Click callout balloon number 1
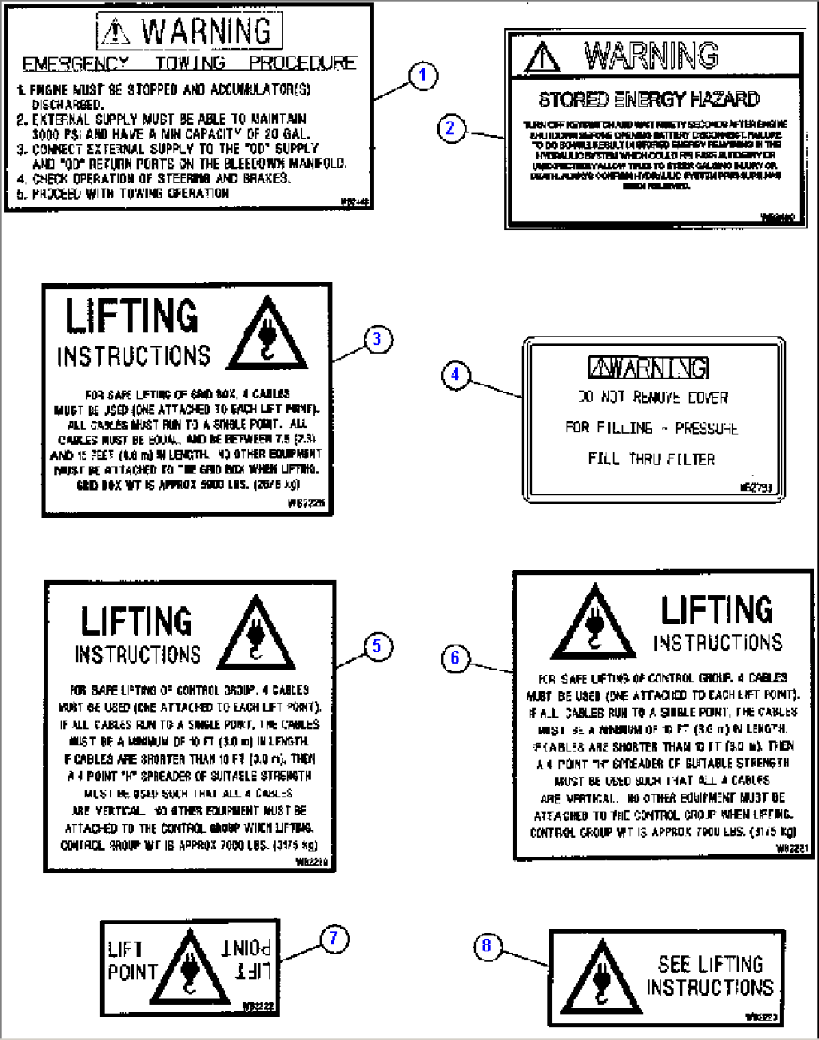point(422,75)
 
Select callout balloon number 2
point(450,128)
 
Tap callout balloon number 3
point(377,339)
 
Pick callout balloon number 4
point(455,374)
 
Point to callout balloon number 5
point(377,646)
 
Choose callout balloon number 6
point(455,658)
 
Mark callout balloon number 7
point(334,939)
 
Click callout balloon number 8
point(486,946)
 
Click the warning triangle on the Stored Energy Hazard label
point(542,57)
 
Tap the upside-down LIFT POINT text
point(246,959)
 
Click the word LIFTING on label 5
point(136,622)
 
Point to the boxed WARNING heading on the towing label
point(189,32)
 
